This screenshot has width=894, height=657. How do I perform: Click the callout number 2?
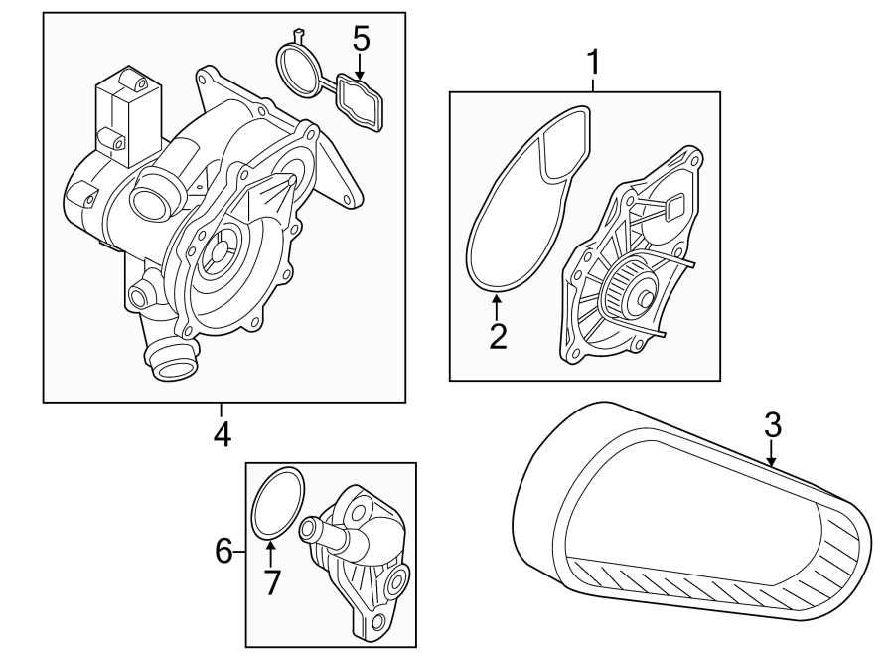click(498, 335)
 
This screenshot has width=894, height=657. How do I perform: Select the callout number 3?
click(773, 425)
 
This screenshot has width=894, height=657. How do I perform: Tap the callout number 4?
click(222, 433)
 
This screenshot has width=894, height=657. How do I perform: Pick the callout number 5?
click(361, 39)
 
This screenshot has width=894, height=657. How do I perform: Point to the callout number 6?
click(224, 549)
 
